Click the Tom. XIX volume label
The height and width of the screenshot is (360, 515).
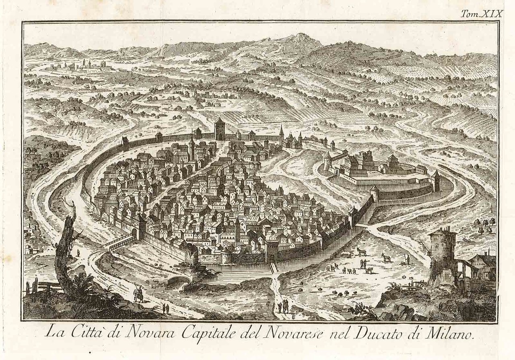click(x=482, y=13)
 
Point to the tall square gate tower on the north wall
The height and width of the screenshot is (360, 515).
click(x=220, y=129)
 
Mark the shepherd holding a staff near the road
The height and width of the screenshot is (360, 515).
click(x=407, y=259)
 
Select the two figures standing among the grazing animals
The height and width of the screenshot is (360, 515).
click(x=363, y=264)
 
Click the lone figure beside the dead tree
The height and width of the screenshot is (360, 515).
click(x=78, y=253)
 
